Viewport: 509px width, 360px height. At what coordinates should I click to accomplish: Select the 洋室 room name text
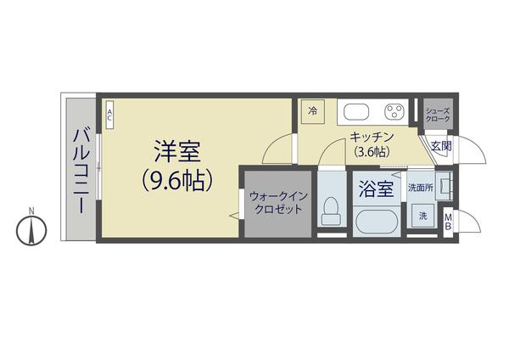[x=176, y=153]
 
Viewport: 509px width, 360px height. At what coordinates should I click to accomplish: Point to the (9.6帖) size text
[x=176, y=181]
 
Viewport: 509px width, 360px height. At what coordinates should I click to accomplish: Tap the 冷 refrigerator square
[x=313, y=110]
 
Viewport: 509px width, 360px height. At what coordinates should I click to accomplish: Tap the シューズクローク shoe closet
[x=439, y=115]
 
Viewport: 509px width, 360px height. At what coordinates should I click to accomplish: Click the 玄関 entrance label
[x=441, y=146]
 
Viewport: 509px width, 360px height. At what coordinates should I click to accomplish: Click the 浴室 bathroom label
[x=376, y=188]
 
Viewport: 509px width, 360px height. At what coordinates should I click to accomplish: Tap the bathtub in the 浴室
[x=376, y=223]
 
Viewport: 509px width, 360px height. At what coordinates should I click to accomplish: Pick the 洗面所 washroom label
[x=420, y=187]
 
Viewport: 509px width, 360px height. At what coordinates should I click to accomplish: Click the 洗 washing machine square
[x=422, y=217]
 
